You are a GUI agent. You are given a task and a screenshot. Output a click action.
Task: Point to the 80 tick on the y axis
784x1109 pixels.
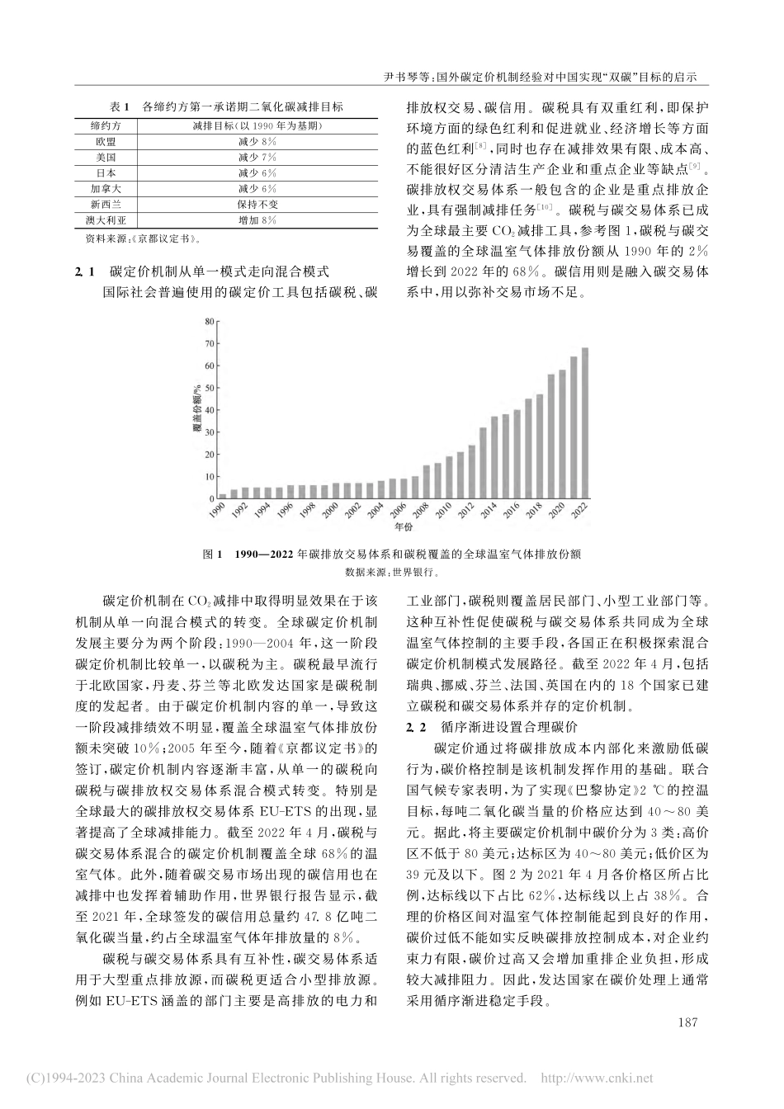209,321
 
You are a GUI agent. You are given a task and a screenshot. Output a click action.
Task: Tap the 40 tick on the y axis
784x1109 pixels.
209,410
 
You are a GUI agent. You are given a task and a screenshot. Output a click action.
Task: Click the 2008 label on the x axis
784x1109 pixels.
421,515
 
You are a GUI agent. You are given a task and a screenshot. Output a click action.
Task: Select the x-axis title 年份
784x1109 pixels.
403,526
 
